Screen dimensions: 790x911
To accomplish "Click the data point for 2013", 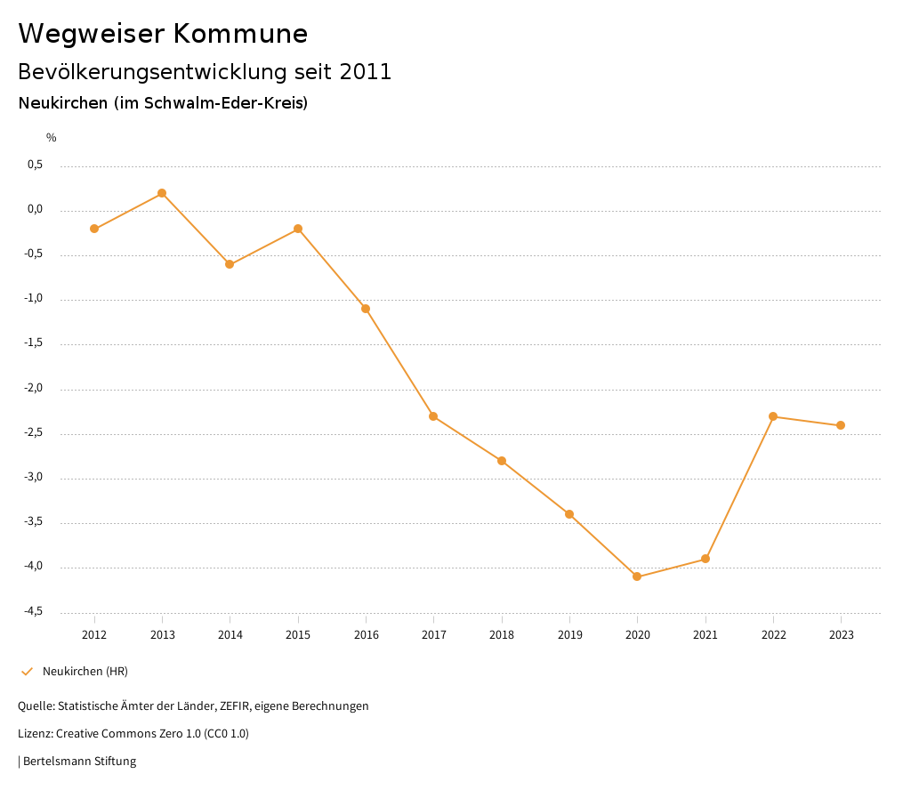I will (x=162, y=193).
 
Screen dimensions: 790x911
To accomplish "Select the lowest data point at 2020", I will (x=637, y=576).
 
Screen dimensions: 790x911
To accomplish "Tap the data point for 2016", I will (x=366, y=309).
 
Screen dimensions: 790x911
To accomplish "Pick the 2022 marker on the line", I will (x=773, y=416).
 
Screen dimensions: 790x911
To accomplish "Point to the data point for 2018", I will (x=502, y=461).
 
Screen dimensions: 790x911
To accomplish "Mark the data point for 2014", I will (x=230, y=264).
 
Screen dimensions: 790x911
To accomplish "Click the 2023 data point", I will (x=841, y=425).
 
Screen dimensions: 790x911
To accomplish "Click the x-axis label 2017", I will (x=433, y=635).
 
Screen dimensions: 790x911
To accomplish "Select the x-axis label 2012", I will (x=94, y=635).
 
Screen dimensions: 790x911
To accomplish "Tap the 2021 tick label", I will (x=705, y=635).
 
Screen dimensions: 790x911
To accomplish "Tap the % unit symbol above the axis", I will (x=52, y=138).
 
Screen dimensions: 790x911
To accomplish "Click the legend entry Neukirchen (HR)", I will (x=85, y=671).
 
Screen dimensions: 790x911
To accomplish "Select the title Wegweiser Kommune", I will (x=163, y=34).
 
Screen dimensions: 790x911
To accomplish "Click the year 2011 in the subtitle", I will (x=366, y=72).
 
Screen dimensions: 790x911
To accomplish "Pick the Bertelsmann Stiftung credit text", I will (x=79, y=762).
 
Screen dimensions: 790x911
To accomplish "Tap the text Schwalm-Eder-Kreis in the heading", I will (x=230, y=103).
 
